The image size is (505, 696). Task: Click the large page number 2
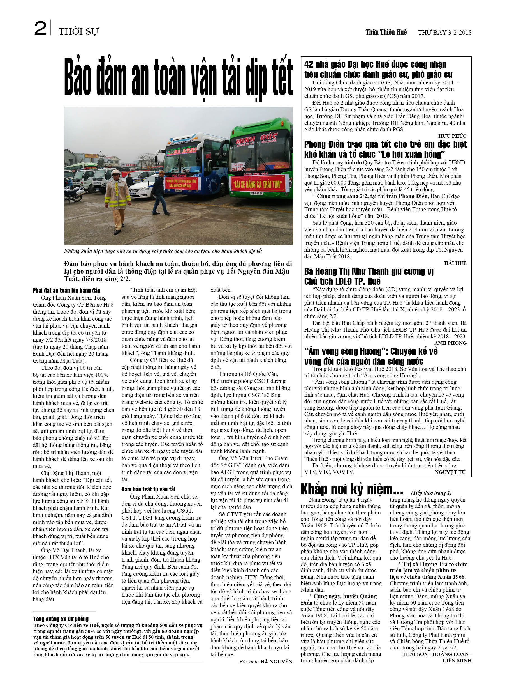pyautogui.click(x=40, y=29)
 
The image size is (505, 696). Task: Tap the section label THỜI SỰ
pyautogui.click(x=79, y=32)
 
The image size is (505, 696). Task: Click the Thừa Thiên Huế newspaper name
pyautogui.click(x=386, y=32)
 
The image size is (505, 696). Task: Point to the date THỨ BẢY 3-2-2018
pyautogui.click(x=444, y=33)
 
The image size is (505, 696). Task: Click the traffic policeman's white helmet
pyautogui.click(x=115, y=172)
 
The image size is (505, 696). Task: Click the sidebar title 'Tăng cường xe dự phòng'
pyautogui.click(x=61, y=619)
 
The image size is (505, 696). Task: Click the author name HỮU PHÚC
pyautogui.click(x=452, y=136)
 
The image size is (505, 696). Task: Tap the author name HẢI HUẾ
pyautogui.click(x=455, y=263)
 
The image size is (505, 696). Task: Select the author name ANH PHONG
pyautogui.click(x=450, y=343)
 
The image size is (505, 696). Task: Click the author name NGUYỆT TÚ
pyautogui.click(x=450, y=472)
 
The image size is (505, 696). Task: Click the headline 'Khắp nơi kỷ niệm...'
pyautogui.click(x=351, y=490)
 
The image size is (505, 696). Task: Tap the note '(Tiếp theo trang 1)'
pyautogui.click(x=431, y=493)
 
